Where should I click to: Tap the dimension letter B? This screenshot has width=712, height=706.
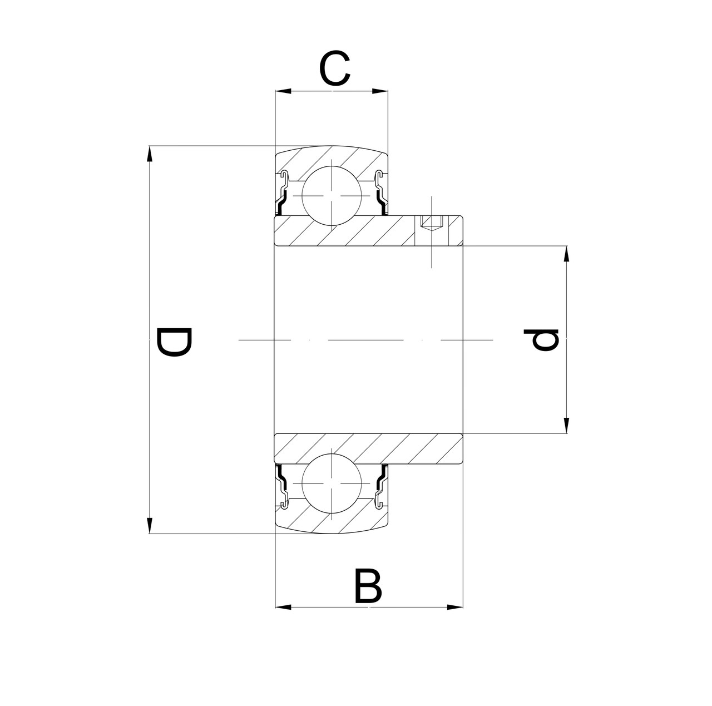point(368,586)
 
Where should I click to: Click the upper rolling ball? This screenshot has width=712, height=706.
point(332,196)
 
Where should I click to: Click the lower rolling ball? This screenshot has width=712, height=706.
point(332,483)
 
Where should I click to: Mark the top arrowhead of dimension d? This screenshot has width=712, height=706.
point(566,254)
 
